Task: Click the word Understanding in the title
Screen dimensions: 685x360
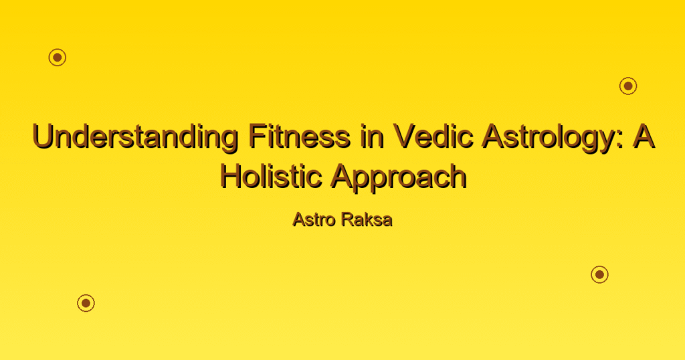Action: pos(135,137)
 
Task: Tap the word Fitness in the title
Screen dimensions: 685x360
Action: pos(300,136)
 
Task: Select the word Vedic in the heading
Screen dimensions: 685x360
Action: pos(433,136)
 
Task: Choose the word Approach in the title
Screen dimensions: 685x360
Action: pos(398,177)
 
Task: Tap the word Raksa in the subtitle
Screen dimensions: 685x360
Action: pos(367,219)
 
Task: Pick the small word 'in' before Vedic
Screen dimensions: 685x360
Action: pos(372,136)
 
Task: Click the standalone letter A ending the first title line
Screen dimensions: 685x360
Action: pos(643,136)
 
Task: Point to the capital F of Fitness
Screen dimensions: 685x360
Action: pos(258,136)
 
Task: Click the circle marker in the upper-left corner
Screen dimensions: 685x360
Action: pos(58,58)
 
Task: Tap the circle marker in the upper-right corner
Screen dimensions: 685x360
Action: pos(628,86)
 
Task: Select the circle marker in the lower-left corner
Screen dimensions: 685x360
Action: pos(86,302)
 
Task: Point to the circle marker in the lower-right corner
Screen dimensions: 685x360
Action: pos(600,274)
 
